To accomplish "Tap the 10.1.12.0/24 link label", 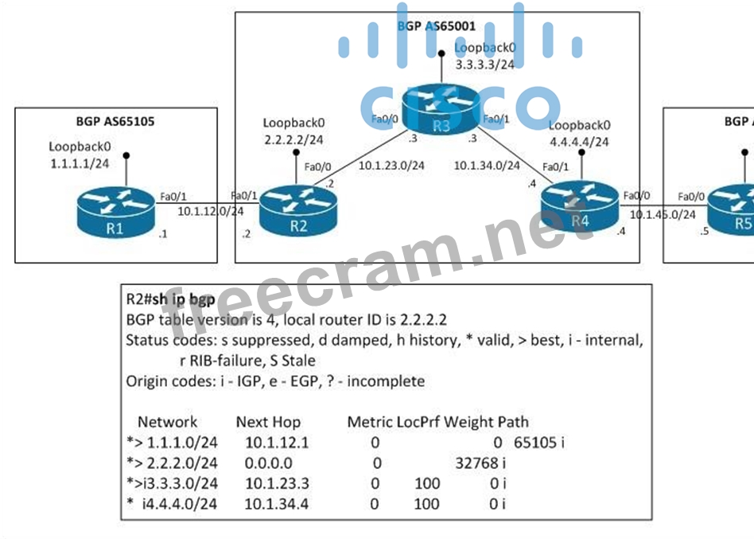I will pyautogui.click(x=210, y=212).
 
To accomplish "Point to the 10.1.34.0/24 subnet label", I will pyautogui.click(x=487, y=166).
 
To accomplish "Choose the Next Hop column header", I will pyautogui.click(x=268, y=422).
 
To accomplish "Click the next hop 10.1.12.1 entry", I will pyautogui.click(x=277, y=442).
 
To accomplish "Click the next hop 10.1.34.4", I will pyautogui.click(x=277, y=504).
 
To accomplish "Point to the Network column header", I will pyautogui.click(x=167, y=422).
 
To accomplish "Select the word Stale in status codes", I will pyautogui.click(x=298, y=361).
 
